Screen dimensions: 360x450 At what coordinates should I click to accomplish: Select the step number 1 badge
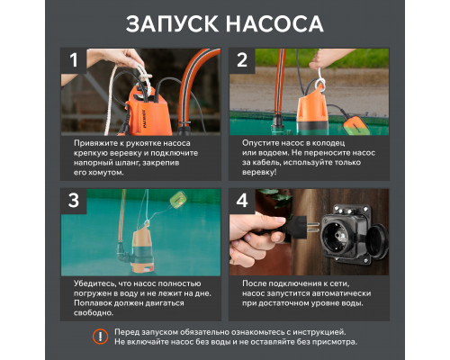76,62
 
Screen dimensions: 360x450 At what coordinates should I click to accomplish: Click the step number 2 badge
242,62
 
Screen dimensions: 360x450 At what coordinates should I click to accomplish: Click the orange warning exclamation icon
100,336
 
